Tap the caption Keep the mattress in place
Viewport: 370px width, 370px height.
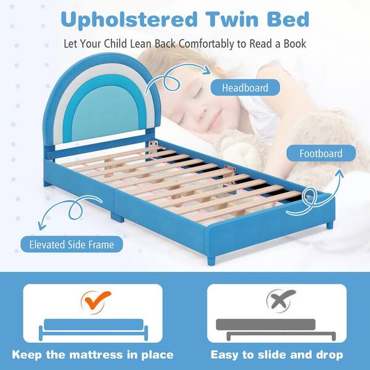click(92, 355)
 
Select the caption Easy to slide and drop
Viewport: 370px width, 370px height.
click(277, 355)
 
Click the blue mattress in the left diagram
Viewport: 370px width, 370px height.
click(92, 325)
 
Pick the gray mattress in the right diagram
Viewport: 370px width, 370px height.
click(266, 325)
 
